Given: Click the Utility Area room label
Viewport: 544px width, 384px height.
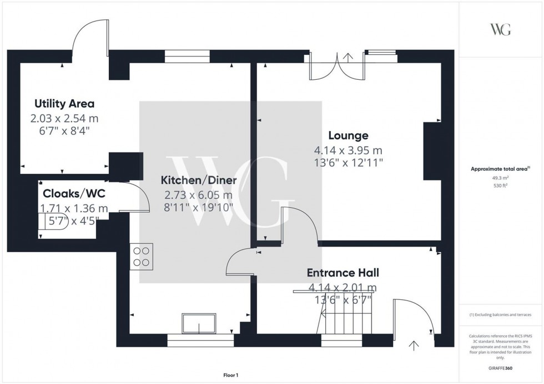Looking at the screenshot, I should click(64, 104).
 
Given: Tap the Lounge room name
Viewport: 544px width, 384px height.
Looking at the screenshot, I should click(348, 135).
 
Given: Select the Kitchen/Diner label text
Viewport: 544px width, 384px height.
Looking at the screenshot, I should click(199, 180).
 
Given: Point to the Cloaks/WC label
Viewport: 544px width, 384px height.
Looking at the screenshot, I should click(74, 193).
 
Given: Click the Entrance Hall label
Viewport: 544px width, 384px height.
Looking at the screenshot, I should click(343, 273).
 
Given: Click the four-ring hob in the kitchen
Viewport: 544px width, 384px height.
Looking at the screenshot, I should click(141, 257).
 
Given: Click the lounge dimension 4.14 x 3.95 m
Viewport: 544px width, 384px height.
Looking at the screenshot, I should click(348, 150).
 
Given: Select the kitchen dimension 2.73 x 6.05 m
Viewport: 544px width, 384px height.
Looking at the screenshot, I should click(199, 195).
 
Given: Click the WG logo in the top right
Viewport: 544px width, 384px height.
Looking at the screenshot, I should click(500, 29).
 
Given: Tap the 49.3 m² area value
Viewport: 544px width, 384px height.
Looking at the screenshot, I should click(501, 178).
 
